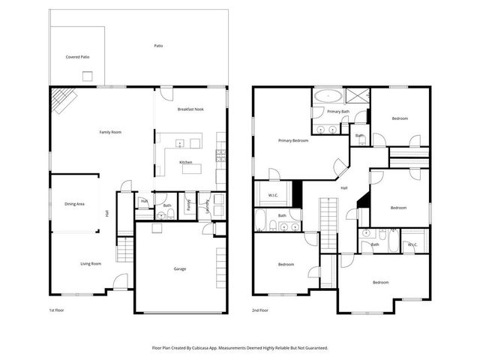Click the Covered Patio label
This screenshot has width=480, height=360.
tap(77, 57)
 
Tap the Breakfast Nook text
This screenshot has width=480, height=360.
tap(190, 109)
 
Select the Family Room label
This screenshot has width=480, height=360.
tap(110, 132)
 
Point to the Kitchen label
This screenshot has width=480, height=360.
tap(185, 163)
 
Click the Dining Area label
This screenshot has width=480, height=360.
tap(74, 203)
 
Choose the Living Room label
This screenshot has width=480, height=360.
tap(91, 263)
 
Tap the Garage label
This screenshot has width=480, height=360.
tap(180, 268)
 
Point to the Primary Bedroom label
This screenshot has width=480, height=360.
tap(293, 140)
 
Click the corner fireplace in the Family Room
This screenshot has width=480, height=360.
tap(61, 98)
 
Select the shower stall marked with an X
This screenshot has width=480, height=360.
tap(357, 95)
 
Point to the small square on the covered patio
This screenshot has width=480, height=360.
tap(88, 74)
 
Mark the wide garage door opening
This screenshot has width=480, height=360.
tap(180, 312)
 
